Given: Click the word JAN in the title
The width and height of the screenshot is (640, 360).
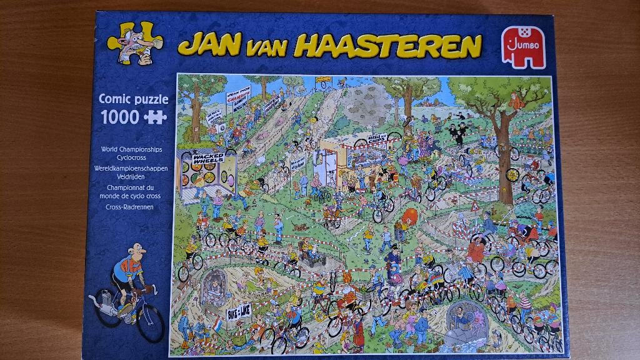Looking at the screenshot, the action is coord(210,46).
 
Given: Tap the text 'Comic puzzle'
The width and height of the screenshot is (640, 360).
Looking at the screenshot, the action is coord(133,99).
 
